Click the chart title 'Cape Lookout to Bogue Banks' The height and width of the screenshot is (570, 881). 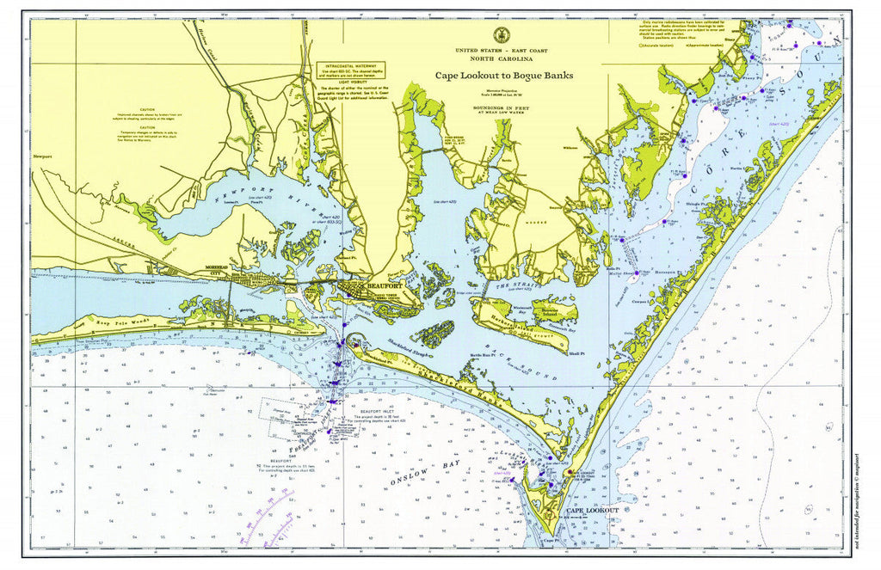(x=497, y=76)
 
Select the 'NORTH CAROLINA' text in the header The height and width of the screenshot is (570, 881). (x=497, y=60)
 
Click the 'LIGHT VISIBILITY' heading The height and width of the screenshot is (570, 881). (x=350, y=82)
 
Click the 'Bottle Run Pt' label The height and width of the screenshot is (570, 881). (x=484, y=353)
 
